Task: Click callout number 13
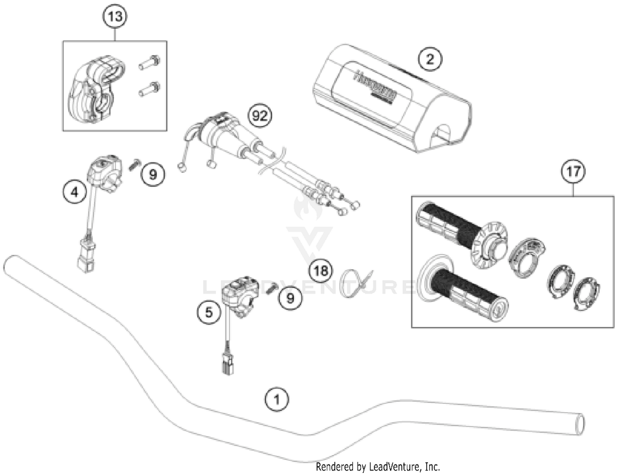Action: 115,17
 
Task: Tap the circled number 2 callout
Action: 430,59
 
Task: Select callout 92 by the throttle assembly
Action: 260,116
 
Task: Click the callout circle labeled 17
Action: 573,171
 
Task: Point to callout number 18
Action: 321,271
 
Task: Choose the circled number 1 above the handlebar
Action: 276,399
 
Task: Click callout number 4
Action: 75,192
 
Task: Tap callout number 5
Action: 209,312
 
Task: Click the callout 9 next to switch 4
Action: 153,174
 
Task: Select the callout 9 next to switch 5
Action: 290,298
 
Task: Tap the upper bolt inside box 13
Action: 149,62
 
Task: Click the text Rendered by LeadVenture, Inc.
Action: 378,467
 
